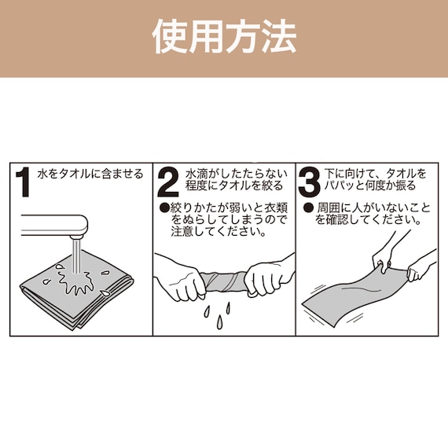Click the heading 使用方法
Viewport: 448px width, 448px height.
click(x=224, y=36)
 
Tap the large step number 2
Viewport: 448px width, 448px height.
click(x=168, y=182)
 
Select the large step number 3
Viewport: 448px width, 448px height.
click(x=310, y=182)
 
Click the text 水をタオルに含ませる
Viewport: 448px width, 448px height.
click(x=90, y=173)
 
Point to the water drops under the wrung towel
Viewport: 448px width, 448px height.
click(x=214, y=314)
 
